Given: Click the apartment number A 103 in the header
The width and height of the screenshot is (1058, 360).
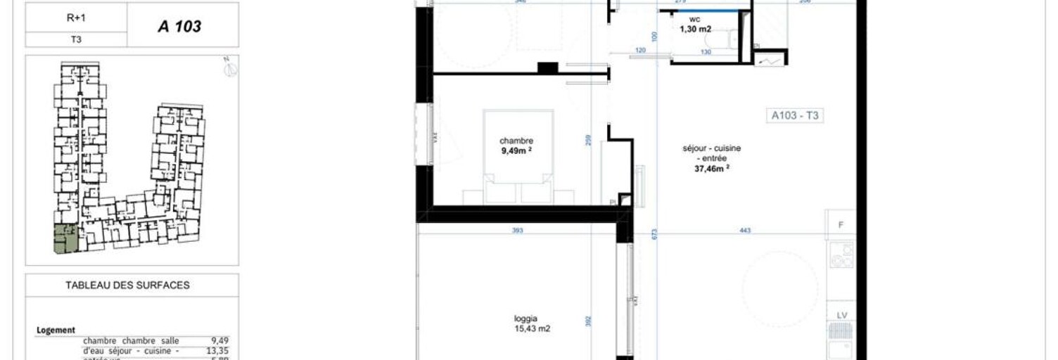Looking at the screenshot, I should tap(179, 27).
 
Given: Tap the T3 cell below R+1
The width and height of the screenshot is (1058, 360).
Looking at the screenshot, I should tap(76, 40).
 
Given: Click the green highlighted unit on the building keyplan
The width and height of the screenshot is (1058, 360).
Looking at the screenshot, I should tap(66, 240).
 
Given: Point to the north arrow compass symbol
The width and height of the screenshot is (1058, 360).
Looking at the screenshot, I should tap(231, 68).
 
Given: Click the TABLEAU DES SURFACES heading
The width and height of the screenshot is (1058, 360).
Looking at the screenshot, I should tap(127, 285).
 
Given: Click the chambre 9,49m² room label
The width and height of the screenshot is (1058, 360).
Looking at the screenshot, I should tap(516, 145).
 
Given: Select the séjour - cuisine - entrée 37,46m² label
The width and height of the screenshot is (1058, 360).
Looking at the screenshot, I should tap(711, 158).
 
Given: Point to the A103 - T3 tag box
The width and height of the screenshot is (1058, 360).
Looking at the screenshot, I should tap(795, 116).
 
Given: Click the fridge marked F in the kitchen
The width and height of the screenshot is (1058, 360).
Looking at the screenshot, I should tap(841, 224).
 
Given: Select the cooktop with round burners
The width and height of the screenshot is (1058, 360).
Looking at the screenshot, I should tap(841, 255).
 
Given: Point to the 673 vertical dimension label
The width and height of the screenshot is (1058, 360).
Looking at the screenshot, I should tap(654, 234).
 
